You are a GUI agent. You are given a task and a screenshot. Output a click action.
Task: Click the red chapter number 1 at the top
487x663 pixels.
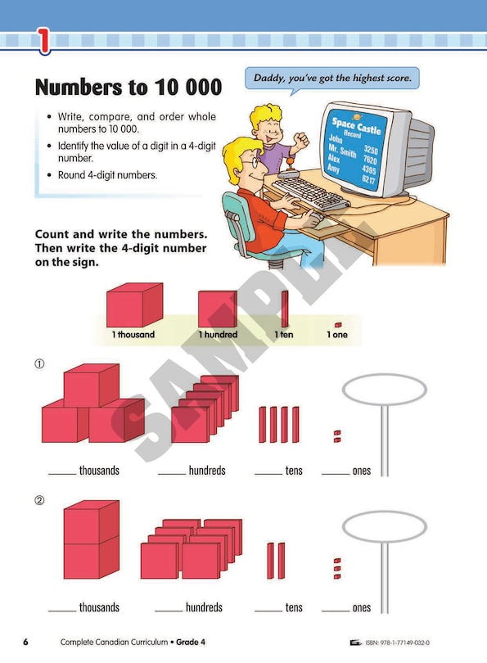coord(43,41)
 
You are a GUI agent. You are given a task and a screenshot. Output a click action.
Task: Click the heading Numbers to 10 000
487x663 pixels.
coord(129,87)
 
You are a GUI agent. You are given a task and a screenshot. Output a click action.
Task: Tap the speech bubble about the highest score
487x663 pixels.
coord(332,79)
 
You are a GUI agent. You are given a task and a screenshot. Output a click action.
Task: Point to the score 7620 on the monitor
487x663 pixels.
coord(370,160)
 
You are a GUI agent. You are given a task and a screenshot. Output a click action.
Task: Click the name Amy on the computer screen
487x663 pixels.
coord(334,168)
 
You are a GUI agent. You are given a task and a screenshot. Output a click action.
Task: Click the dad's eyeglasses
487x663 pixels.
coord(250,161)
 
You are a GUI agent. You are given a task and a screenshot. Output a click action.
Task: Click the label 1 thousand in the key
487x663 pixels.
coord(133,335)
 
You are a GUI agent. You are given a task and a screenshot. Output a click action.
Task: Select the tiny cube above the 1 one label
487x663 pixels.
coord(338,325)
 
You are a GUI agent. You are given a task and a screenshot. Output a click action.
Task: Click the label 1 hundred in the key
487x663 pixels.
coord(219,335)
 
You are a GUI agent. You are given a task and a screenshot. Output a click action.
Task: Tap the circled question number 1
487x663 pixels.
coord(39,363)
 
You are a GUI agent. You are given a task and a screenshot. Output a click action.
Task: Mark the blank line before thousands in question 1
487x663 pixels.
coord(62,474)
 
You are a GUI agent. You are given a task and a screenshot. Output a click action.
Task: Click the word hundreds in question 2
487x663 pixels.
coord(204,607)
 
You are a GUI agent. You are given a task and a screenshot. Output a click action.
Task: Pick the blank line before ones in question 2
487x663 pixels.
coord(336,611)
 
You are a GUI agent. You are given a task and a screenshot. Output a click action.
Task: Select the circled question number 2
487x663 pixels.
coord(39,501)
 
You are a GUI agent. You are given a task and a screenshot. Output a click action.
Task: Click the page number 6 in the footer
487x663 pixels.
coord(25,642)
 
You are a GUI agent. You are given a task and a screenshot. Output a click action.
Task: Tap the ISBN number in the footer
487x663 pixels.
coord(398,643)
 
